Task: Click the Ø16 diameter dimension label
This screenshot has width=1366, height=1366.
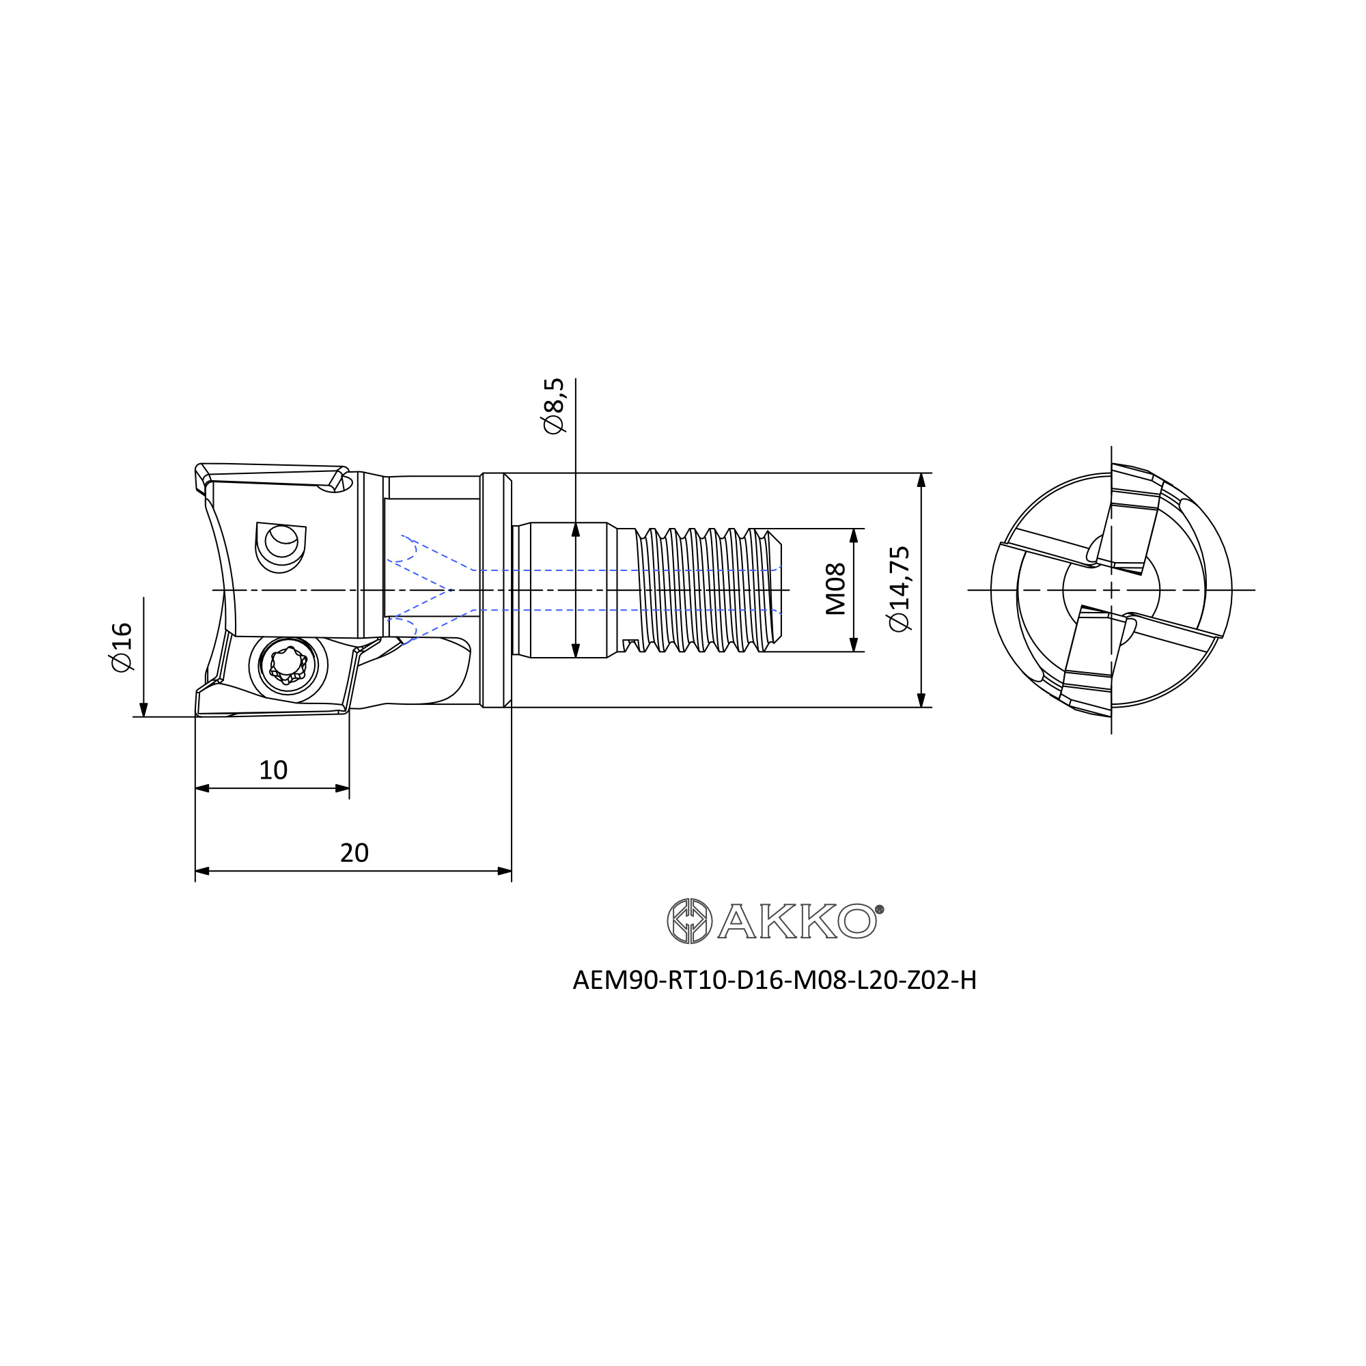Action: click(122, 647)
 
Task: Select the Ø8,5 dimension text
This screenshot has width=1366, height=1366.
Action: click(554, 406)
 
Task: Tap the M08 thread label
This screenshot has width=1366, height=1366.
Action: click(836, 589)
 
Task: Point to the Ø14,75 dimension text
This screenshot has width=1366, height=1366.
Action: click(900, 589)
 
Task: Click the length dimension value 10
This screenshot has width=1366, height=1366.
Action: click(273, 770)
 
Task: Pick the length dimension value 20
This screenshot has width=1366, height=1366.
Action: click(354, 852)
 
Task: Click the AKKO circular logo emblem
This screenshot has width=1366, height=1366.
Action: click(689, 921)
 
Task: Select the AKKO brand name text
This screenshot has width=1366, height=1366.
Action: click(798, 921)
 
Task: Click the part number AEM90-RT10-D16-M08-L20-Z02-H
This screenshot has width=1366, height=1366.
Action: click(775, 981)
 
